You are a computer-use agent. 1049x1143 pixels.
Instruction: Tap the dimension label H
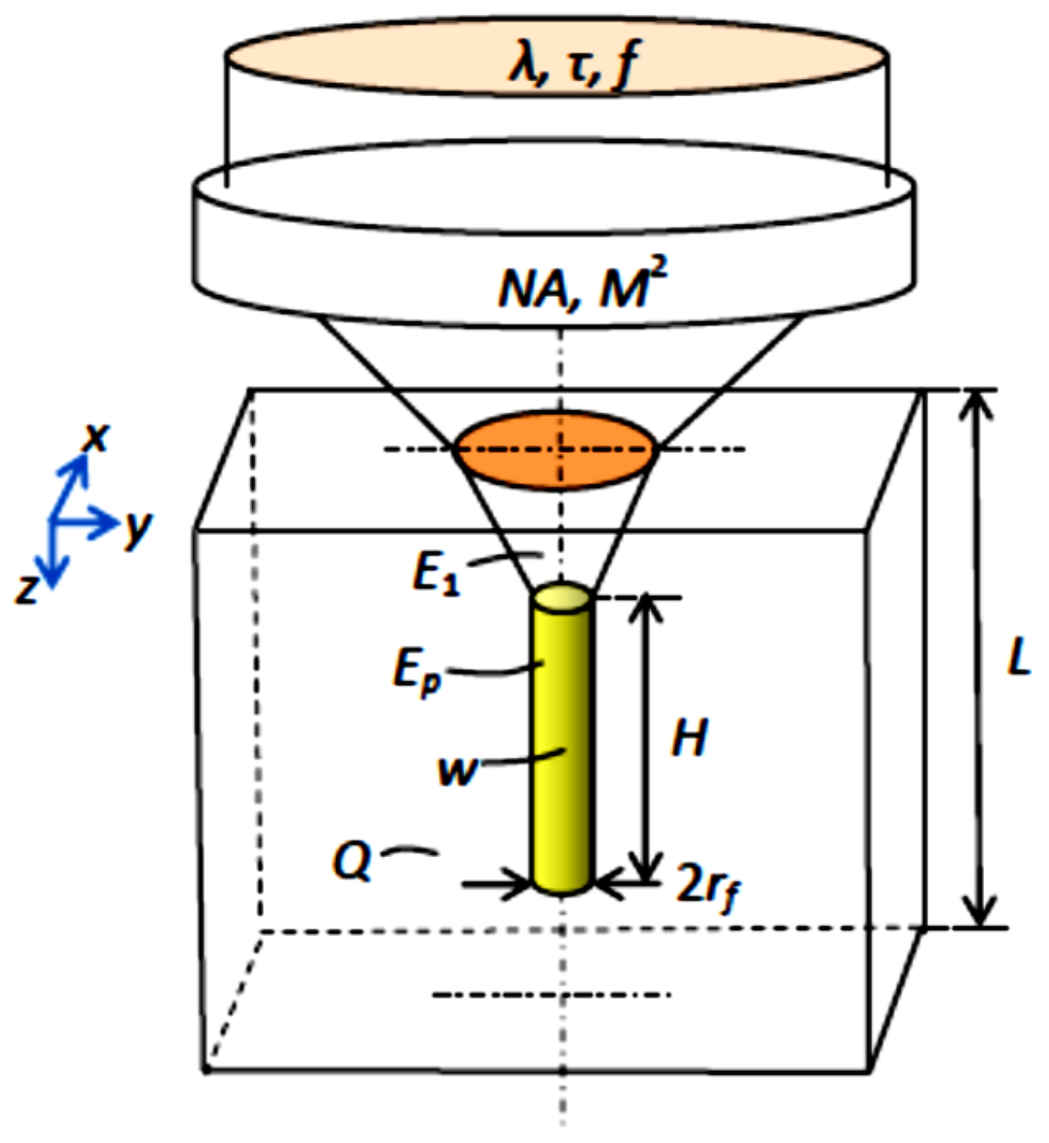[x=689, y=739]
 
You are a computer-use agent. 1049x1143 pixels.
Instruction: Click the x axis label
[x=96, y=439]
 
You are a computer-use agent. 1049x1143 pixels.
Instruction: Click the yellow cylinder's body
[x=561, y=740]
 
